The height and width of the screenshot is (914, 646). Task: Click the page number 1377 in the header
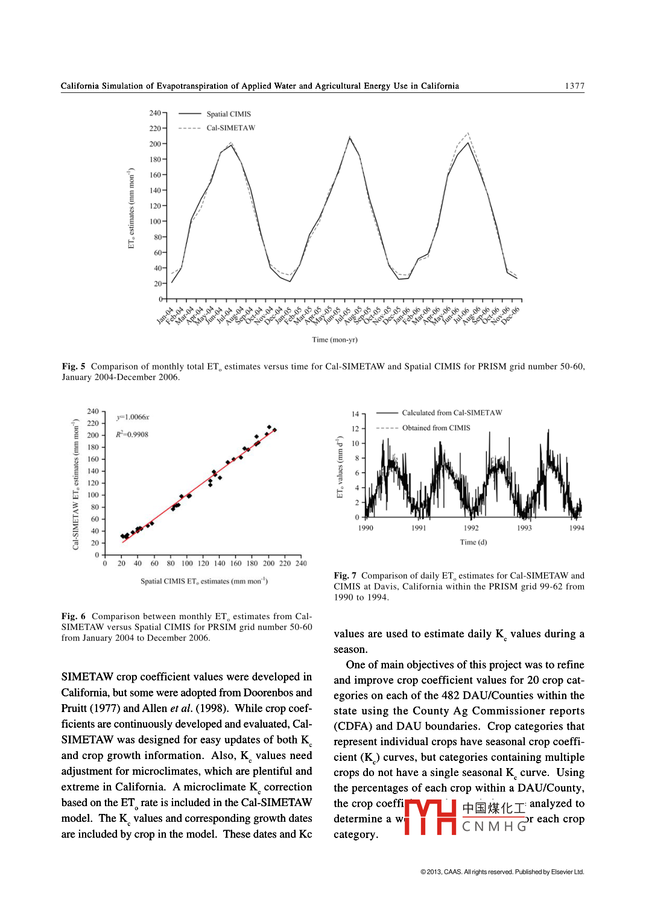pos(574,86)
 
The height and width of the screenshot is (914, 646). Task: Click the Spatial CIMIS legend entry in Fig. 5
pos(228,114)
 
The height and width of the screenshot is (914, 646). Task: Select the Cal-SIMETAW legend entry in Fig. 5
pos(230,128)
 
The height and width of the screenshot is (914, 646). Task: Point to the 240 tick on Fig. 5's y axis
pos(155,113)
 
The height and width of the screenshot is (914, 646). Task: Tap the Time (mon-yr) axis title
pos(334,340)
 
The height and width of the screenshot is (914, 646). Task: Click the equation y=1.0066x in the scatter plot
pos(133,417)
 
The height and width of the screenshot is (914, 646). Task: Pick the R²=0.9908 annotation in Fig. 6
pos(132,435)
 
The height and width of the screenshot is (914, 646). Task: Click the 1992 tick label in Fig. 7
pos(471,528)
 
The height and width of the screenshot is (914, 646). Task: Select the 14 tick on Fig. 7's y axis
pos(355,414)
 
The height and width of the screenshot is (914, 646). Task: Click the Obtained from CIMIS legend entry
pos(436,428)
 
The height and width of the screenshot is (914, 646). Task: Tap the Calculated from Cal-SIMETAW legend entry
pos(452,413)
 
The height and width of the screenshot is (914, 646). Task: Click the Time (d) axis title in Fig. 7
pos(473,542)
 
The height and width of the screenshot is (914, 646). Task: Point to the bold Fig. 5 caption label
pos(74,367)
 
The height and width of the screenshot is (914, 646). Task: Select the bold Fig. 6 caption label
pos(73,616)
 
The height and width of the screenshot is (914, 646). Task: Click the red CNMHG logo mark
pos(430,818)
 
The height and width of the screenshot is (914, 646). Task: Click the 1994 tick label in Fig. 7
pos(576,528)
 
